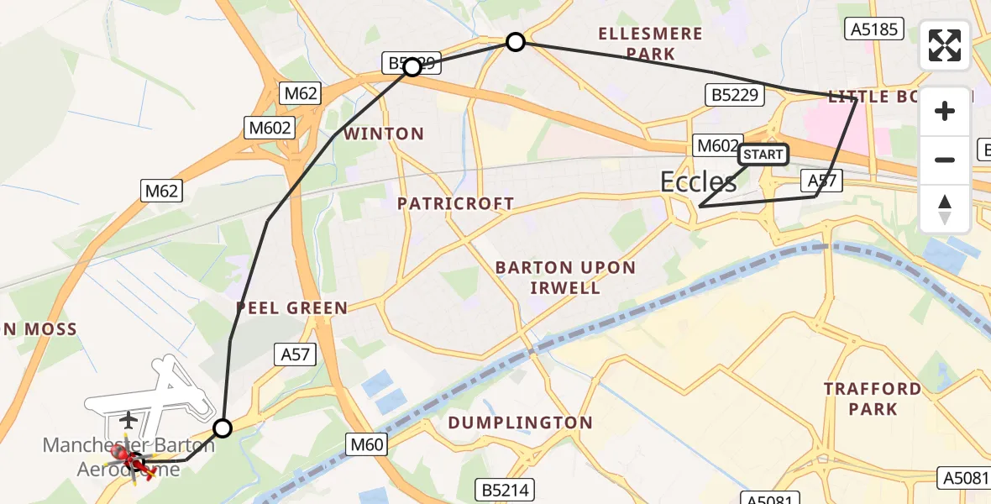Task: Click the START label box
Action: pyautogui.click(x=763, y=155)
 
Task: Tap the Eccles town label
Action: pyautogui.click(x=699, y=182)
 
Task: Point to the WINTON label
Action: pyautogui.click(x=384, y=134)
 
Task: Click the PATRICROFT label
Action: pyautogui.click(x=455, y=203)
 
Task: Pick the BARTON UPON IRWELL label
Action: pyautogui.click(x=565, y=278)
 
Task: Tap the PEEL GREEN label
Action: pyautogui.click(x=291, y=308)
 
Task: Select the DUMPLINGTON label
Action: pyautogui.click(x=520, y=423)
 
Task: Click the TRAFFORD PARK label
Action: pyautogui.click(x=873, y=399)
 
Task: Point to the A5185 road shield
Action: pyautogui.click(x=873, y=30)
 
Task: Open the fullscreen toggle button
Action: pyautogui.click(x=945, y=45)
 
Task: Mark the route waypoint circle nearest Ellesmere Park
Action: pyautogui.click(x=516, y=42)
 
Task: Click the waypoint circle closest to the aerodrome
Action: pyautogui.click(x=222, y=428)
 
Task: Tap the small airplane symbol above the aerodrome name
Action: pyautogui.click(x=128, y=418)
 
